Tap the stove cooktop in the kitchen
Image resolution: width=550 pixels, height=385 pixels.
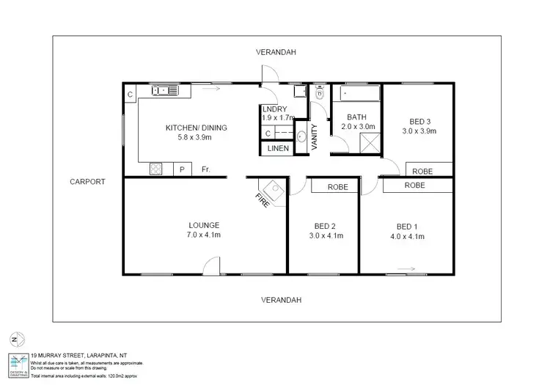coord(155,169)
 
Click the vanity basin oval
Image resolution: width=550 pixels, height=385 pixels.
coord(301,136)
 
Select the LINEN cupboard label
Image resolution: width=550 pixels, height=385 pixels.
coord(276,149)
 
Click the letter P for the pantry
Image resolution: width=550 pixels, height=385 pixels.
coord(182,170)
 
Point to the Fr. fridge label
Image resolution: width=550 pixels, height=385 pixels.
coord(206,170)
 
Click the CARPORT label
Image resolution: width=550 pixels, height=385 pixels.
coord(88,182)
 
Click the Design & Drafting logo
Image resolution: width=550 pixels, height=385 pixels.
coord(18,364)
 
